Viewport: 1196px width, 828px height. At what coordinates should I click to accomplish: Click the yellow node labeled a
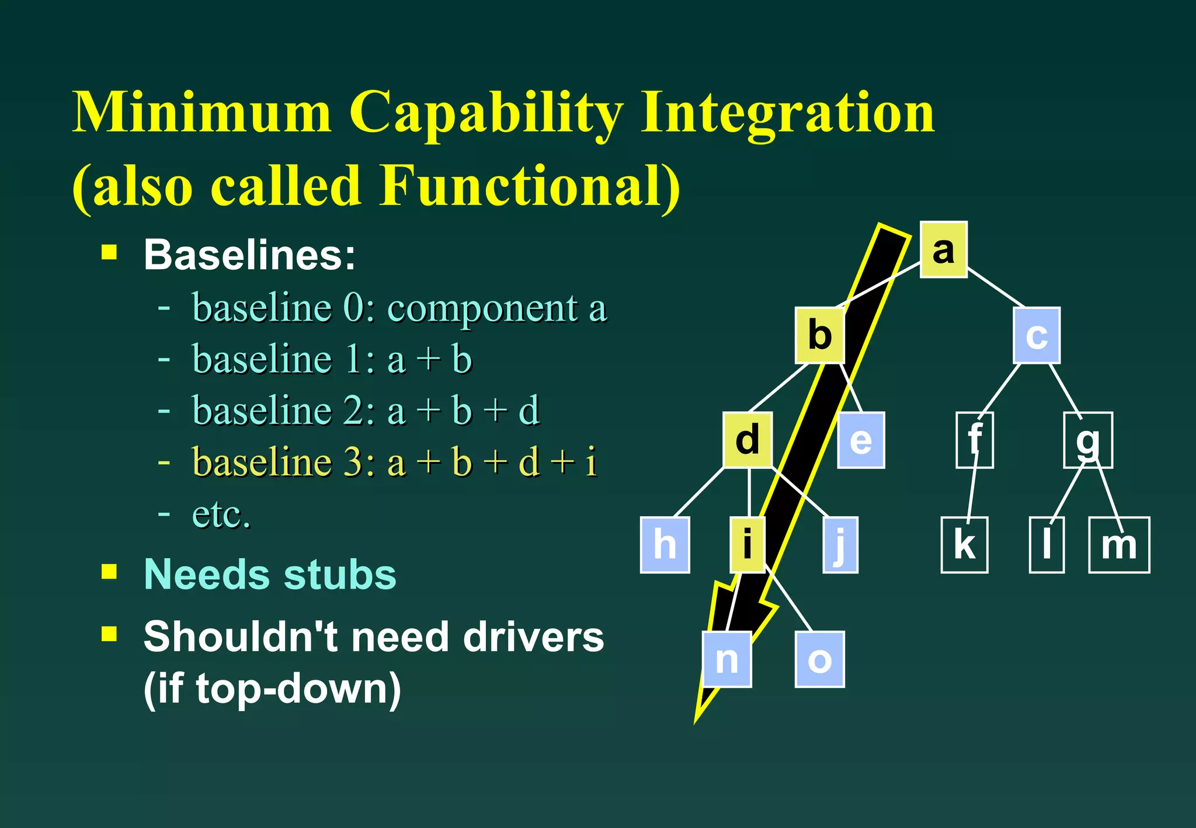[x=943, y=249]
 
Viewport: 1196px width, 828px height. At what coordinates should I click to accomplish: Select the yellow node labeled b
[x=820, y=335]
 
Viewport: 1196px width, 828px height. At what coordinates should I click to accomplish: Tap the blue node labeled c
[x=1037, y=336]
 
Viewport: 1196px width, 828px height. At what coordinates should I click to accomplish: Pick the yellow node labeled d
[x=747, y=440]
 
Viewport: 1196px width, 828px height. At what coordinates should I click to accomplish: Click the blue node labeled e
[x=861, y=440]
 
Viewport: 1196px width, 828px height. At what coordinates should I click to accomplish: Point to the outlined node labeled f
[x=974, y=440]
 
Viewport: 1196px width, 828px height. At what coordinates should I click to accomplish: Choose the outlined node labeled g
[x=1087, y=440]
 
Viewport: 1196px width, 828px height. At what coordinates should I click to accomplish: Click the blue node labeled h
[x=665, y=545]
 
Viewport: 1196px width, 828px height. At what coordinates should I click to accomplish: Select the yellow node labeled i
[x=747, y=545]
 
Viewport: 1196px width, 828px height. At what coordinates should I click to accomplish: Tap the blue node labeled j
[x=840, y=545]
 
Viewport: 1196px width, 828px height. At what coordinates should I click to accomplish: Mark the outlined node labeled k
[x=964, y=545]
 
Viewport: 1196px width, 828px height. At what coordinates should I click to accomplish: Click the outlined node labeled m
[x=1119, y=545]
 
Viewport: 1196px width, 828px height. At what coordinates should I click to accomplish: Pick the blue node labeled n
[x=726, y=659]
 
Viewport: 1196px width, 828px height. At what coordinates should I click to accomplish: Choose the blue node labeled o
[x=819, y=659]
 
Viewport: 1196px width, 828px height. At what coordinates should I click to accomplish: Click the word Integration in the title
[x=788, y=113]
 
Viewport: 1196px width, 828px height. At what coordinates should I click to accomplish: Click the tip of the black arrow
[x=697, y=721]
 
